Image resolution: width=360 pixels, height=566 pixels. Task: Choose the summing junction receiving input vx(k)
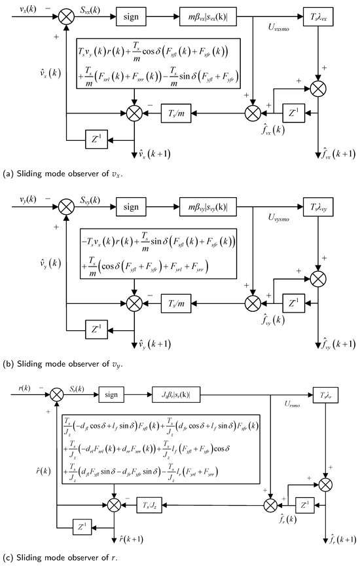pos(66,14)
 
